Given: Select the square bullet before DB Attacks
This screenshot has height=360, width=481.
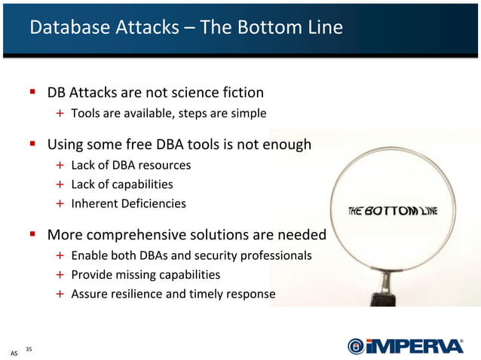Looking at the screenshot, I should coord(33,93).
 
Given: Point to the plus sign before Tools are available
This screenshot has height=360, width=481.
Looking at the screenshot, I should coord(60,114).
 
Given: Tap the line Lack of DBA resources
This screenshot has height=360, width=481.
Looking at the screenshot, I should coord(130,164).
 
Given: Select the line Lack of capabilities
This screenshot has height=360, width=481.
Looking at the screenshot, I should coord(121,184).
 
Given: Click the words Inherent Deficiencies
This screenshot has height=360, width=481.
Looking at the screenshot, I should coord(128,203).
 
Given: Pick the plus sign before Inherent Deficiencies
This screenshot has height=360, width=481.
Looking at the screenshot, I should coord(60,203).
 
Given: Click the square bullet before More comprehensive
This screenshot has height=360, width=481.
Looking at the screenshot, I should coord(33,234).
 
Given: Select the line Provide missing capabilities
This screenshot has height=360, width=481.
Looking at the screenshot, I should coord(146,274).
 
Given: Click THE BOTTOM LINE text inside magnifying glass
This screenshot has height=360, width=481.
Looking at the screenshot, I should coord(392,212).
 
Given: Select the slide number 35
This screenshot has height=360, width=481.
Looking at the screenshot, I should coord(29,349).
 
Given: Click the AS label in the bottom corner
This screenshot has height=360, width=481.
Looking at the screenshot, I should coord(14,352).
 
